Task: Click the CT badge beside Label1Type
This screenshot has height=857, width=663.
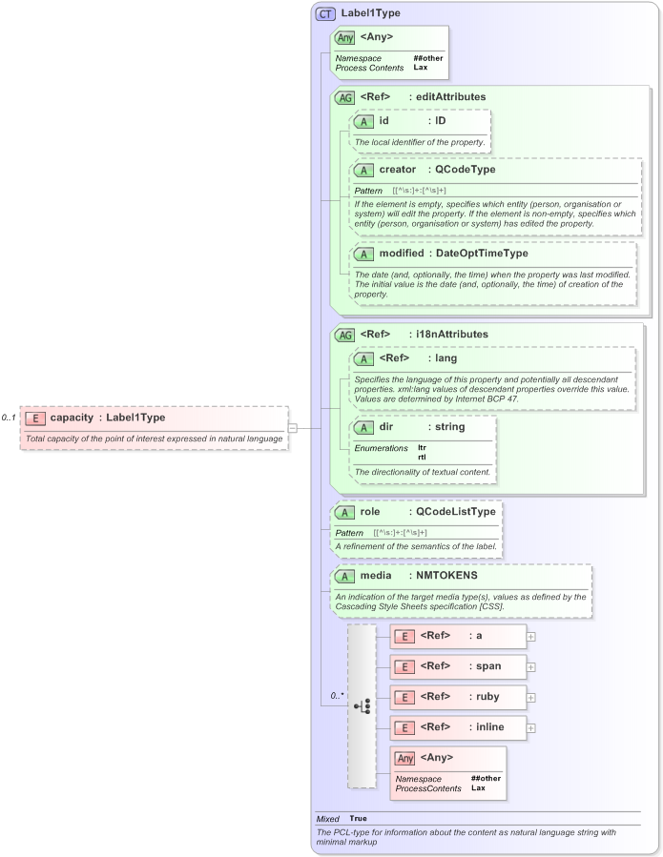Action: [325, 13]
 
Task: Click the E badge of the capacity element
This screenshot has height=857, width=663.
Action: [35, 418]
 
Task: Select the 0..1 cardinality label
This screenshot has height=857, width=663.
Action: [10, 418]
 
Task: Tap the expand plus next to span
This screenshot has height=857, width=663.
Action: [531, 667]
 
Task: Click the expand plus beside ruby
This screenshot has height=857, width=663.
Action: [531, 698]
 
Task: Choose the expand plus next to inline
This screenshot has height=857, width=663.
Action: [531, 728]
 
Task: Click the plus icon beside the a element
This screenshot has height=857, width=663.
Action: [531, 637]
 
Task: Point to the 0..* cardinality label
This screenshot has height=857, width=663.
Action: [337, 696]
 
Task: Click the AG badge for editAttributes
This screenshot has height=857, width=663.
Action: [344, 97]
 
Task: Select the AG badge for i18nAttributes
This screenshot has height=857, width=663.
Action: [344, 335]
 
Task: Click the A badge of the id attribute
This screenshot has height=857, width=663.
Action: [363, 122]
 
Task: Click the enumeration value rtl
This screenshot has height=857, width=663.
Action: [422, 458]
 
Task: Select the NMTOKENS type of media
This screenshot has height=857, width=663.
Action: [446, 576]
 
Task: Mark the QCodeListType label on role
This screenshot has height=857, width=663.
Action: [462, 512]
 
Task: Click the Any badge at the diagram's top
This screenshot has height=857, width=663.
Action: [344, 38]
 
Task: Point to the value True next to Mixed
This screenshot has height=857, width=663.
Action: [358, 819]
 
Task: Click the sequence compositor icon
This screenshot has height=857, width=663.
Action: [362, 706]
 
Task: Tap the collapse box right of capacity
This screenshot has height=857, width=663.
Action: [293, 428]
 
